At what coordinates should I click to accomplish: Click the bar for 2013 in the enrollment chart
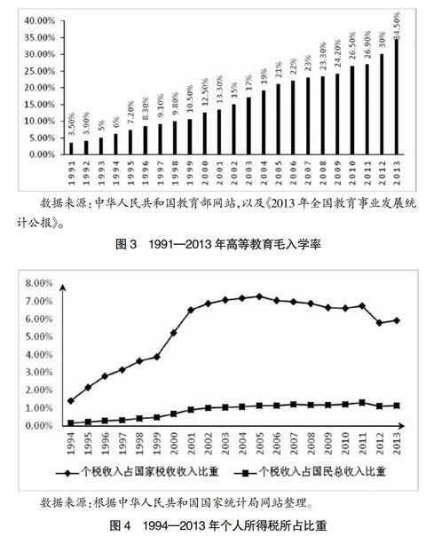coord(397,97)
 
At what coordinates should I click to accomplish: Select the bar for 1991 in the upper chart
coord(71,148)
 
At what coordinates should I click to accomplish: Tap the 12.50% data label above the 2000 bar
coord(205,92)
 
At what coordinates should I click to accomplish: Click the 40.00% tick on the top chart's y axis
coord(40,20)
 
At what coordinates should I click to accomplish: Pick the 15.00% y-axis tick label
coord(40,105)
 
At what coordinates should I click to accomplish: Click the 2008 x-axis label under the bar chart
coord(323,173)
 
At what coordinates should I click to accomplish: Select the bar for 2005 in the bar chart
coord(278,119)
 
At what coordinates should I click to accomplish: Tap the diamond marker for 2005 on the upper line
coord(259,296)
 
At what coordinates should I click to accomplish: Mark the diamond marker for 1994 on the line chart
coord(71,401)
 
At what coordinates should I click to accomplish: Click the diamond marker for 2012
coord(379,323)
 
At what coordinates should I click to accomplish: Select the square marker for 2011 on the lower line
coord(362,403)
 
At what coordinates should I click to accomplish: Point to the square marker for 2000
coord(174,414)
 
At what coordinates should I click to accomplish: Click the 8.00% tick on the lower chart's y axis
coord(38,283)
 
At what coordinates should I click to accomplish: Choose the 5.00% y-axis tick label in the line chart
coord(38,336)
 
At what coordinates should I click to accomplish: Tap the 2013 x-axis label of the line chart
coord(397,443)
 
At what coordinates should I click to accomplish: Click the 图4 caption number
coord(120,526)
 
